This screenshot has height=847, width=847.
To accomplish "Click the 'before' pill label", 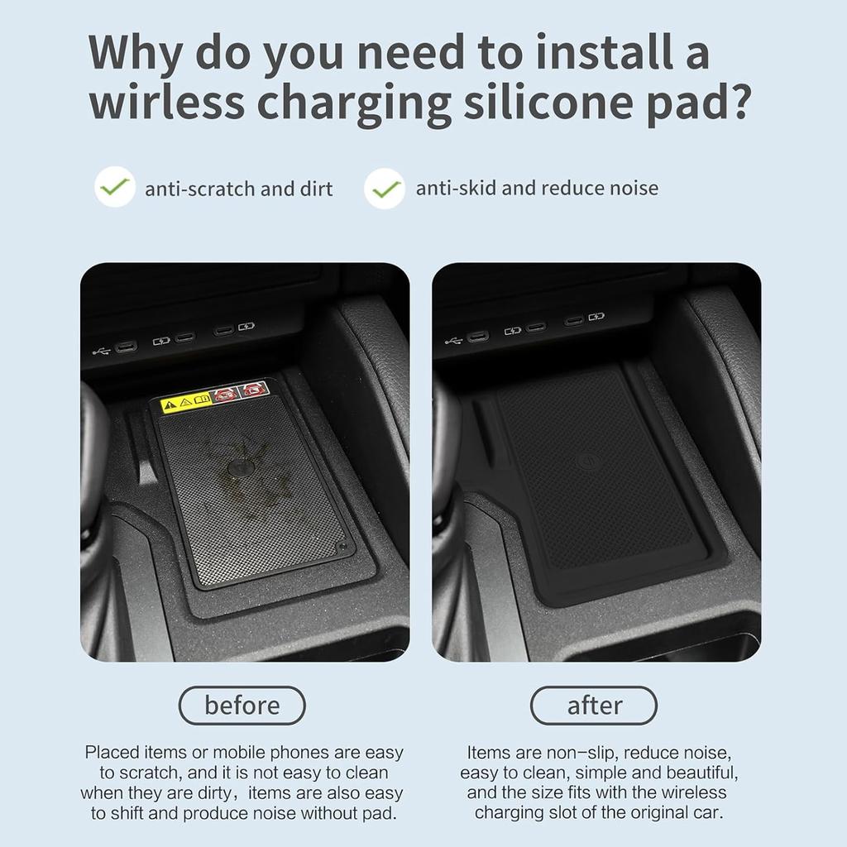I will (242, 706).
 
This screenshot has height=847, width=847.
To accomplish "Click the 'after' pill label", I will (593, 706).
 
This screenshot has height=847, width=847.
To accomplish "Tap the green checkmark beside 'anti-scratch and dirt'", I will (114, 188).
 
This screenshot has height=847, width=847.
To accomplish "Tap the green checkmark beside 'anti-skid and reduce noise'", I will (385, 189).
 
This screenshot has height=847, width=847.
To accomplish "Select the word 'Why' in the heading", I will (136, 51).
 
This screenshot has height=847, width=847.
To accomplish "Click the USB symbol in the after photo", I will (452, 339).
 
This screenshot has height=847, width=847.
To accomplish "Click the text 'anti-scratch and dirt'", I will (238, 189).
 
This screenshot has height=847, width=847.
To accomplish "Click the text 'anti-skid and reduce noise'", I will (537, 188).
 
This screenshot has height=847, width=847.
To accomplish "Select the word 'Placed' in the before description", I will (112, 753).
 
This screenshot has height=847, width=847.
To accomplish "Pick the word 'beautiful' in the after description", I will (695, 773).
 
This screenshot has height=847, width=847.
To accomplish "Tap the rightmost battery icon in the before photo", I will (246, 328).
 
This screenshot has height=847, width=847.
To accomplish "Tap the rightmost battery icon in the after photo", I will (596, 317).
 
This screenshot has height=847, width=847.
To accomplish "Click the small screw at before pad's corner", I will (341, 548).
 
